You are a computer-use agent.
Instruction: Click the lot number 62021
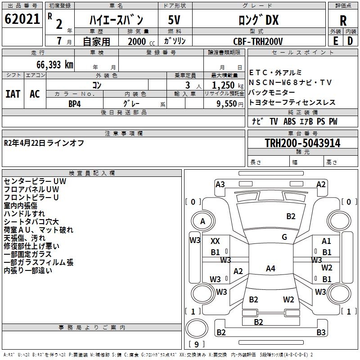(22, 19)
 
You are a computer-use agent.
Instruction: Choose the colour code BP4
(74, 103)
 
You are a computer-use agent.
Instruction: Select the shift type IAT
(13, 94)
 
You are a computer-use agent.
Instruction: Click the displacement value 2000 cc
(137, 41)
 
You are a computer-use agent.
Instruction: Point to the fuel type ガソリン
(175, 41)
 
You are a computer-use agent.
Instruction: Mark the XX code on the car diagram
(216, 241)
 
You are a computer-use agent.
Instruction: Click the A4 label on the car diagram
(270, 269)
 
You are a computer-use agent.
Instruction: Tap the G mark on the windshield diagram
(284, 237)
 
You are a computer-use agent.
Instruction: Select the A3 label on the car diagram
(220, 184)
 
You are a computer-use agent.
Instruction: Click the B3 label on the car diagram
(321, 333)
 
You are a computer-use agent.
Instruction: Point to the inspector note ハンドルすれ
(24, 214)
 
